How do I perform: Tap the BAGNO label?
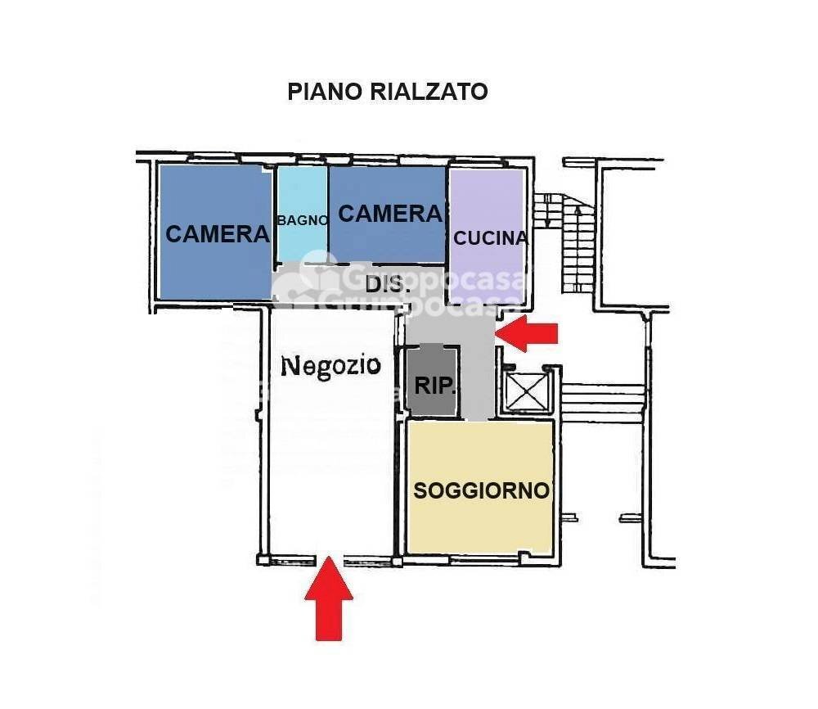(x=303, y=219)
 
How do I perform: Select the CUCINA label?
(x=490, y=238)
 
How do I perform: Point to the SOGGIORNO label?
(x=481, y=490)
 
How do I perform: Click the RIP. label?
(x=434, y=386)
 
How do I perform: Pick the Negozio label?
(x=330, y=365)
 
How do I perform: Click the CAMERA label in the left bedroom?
(x=217, y=234)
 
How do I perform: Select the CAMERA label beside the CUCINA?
(x=389, y=214)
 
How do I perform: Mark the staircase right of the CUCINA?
(x=576, y=246)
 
